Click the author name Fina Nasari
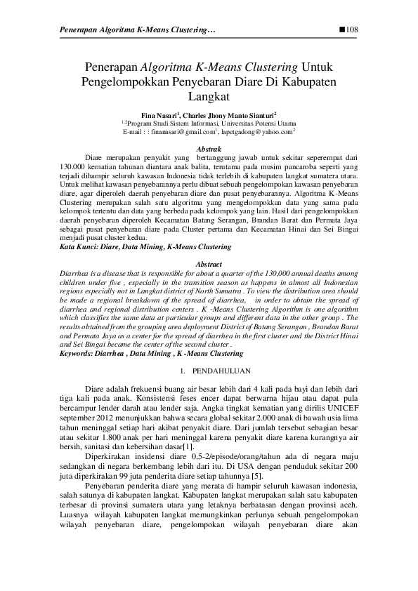pyautogui.click(x=159, y=114)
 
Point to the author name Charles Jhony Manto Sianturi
pyautogui.click(x=229, y=114)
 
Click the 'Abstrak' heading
pyautogui.click(x=209, y=150)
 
